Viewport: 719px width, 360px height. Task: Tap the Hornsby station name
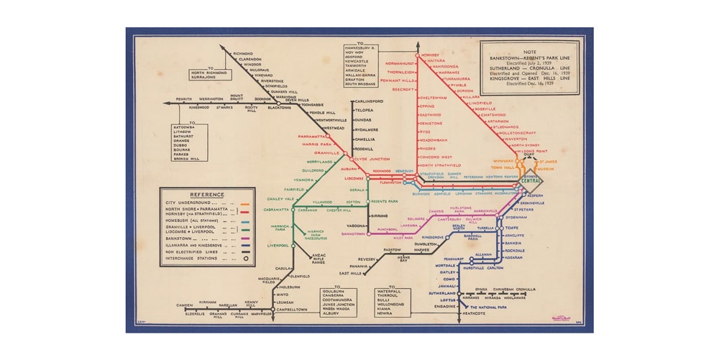coord(431,55)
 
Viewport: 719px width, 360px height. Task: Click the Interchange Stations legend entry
coord(192,259)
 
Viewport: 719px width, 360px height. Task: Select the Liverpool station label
coord(278,245)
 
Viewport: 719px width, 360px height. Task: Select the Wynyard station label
coord(502,161)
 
